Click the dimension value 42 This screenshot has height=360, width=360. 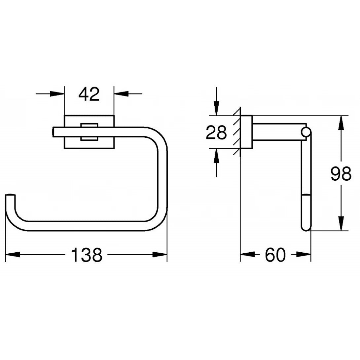tap(89, 95)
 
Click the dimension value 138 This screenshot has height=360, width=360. tap(87, 255)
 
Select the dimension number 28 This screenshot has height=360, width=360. tap(216, 133)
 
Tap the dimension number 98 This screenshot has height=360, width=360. tap(341, 174)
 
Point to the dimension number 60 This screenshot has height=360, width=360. tap(275, 255)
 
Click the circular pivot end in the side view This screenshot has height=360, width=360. tap(306, 132)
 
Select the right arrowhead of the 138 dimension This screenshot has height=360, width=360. tap(160, 255)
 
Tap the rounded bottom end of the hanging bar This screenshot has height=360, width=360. tap(306, 227)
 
